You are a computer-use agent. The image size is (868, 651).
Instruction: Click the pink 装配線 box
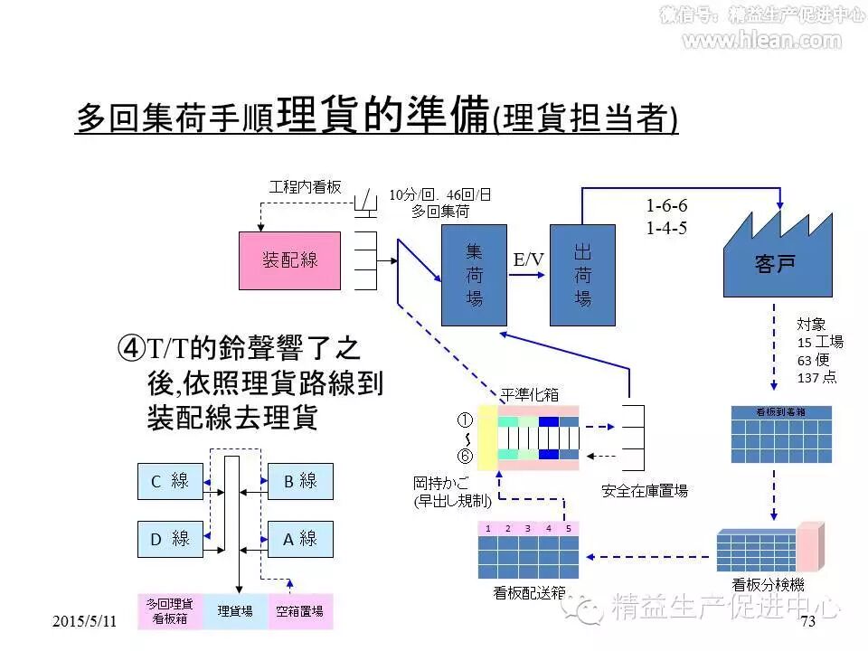point(289,260)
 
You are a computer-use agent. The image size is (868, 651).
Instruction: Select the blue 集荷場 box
point(474,275)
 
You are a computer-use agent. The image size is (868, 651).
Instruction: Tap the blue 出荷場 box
point(582,275)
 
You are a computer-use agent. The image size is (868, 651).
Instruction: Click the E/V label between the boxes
point(529,260)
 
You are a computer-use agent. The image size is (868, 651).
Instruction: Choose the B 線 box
point(301,482)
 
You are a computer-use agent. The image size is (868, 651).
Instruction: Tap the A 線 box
point(301,539)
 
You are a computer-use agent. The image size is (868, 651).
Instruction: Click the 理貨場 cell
point(235,611)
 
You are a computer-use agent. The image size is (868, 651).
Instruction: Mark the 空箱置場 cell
point(300,611)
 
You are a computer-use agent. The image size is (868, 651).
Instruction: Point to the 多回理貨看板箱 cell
point(170,611)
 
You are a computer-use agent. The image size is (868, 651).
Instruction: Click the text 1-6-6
point(667,206)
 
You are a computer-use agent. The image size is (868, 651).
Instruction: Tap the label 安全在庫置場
point(645,491)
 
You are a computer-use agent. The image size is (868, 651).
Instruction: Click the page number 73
point(807,621)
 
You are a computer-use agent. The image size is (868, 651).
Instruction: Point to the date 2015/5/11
point(85,621)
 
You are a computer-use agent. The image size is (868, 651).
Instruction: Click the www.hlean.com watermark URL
point(761,40)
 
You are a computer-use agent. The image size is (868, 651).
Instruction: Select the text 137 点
point(816,377)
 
